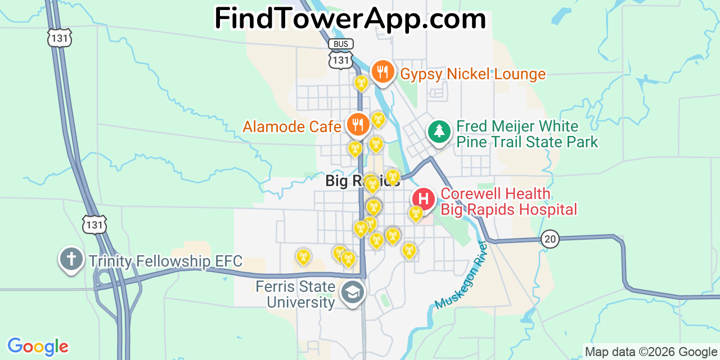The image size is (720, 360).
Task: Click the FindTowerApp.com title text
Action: point(350,19)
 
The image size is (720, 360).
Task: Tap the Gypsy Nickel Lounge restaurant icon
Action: point(382,72)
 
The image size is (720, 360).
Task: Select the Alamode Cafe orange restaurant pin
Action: point(357,124)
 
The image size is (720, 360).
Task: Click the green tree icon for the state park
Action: point(439,132)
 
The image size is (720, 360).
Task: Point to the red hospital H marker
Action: point(424,199)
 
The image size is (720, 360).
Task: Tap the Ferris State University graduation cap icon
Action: point(353,292)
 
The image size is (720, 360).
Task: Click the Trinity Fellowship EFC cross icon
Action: point(71,259)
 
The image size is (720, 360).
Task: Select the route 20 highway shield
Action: point(550,239)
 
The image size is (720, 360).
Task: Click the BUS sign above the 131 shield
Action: point(340,44)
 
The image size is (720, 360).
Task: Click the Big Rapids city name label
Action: point(362,181)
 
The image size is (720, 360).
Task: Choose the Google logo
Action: point(38,346)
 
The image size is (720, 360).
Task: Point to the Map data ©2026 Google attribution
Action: point(651,352)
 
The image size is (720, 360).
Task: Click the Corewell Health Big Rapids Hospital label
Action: point(508,201)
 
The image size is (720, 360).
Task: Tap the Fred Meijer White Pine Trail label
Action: point(527,134)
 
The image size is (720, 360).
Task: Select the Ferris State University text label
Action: point(295,294)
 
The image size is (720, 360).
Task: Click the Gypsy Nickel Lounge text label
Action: point(472,74)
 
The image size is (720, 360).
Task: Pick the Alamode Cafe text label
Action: point(292,127)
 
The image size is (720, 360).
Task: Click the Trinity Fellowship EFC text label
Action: point(165,261)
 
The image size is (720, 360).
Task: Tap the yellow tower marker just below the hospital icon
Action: point(415,214)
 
